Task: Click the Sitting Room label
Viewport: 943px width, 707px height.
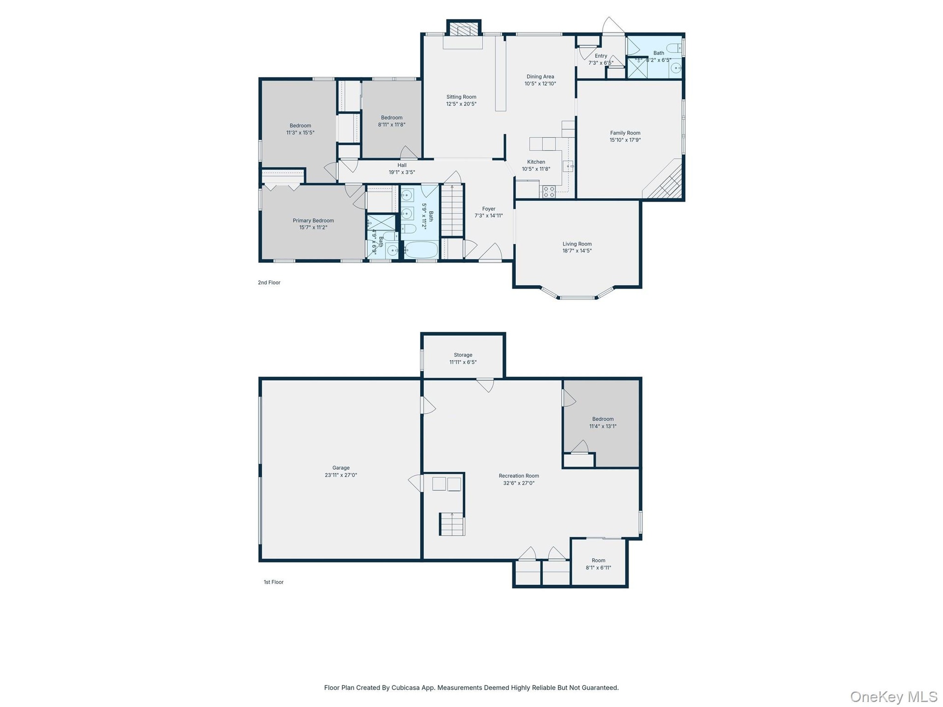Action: coord(461,97)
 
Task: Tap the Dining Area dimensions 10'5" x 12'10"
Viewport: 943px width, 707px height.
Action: coord(540,83)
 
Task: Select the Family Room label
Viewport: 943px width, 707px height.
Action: coord(625,133)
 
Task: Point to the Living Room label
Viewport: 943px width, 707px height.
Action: coord(577,244)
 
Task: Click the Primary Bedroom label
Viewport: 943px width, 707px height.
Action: coord(313,220)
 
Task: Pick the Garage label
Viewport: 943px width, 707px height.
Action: coord(341,468)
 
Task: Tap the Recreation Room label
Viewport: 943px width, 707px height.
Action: coord(519,476)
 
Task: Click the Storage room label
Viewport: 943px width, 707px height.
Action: coord(463,355)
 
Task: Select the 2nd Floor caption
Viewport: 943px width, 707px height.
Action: coord(269,282)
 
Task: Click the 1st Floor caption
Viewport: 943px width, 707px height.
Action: coord(274,582)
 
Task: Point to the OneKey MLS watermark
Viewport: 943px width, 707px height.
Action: coord(894,696)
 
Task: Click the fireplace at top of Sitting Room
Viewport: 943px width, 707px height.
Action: coord(464,29)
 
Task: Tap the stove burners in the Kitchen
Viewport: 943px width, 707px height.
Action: coord(549,191)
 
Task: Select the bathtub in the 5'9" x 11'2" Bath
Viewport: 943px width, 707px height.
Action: coord(421,250)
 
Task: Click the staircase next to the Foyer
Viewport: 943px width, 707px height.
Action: coord(452,210)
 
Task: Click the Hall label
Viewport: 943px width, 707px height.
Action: coord(402,165)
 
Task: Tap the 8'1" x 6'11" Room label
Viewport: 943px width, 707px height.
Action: coord(598,560)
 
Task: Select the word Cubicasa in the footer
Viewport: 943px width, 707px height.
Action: coord(405,687)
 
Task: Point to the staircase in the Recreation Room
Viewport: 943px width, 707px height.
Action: coord(452,524)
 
